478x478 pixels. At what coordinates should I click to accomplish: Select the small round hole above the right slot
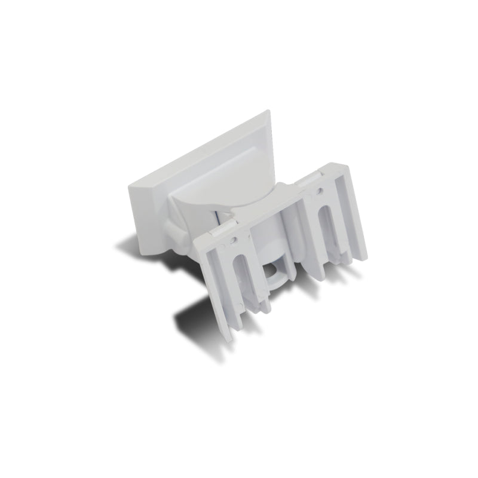pyautogui.click(x=320, y=192)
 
